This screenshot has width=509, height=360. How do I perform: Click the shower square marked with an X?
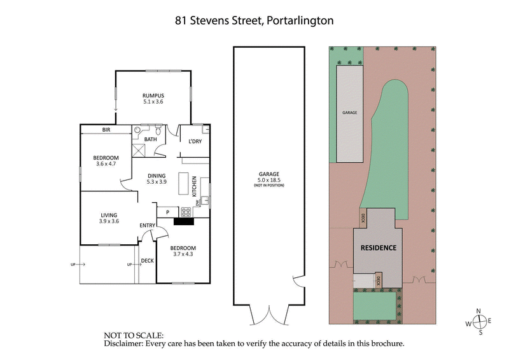coord(139,151)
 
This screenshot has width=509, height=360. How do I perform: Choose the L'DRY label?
coord(191,141)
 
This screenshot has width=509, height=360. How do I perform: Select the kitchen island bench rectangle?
coord(184,185)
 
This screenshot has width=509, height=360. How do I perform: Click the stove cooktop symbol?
coord(186,212)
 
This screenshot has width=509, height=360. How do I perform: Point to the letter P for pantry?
coord(167,212)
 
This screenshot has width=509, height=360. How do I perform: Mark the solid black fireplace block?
coord(184,222)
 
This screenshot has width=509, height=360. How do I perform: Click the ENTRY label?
coord(148,226)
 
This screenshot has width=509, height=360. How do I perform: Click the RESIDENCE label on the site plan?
coord(379,247)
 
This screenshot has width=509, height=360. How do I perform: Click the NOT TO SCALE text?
coord(134,335)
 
